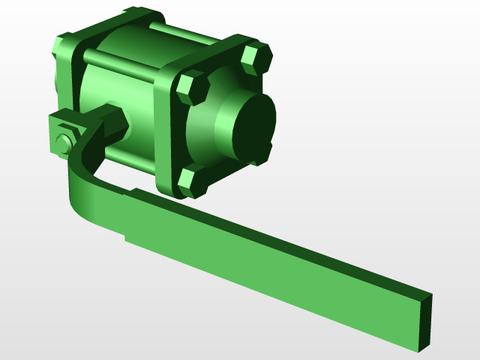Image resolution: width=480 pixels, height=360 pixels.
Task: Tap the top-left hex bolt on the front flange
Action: (x=193, y=88)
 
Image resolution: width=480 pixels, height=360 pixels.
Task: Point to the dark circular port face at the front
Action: (x=253, y=127)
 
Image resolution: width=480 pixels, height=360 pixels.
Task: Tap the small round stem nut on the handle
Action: (x=63, y=142)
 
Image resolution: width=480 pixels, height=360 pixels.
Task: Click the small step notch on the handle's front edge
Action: (x=126, y=238)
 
